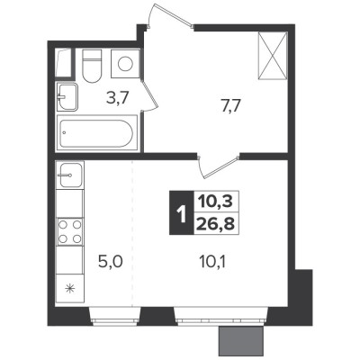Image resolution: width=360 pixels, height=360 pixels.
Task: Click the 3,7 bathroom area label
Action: [118, 98]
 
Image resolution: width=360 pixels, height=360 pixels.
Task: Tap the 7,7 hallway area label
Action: [230, 106]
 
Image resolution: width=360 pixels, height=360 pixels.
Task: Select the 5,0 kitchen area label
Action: [111, 262]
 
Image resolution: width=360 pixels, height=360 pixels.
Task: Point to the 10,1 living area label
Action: [212, 262]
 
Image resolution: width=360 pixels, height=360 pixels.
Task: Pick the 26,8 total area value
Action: [216, 223]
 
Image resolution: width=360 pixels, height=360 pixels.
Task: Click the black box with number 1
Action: [182, 212]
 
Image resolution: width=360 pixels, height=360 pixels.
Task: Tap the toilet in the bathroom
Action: [92, 66]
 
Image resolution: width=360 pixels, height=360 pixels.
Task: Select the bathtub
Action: [96, 133]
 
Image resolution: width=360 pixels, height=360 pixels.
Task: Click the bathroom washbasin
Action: [67, 97]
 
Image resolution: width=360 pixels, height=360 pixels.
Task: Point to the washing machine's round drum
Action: [125, 64]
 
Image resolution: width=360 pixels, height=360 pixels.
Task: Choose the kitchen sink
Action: [70, 175]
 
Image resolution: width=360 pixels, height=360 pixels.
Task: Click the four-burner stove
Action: [70, 232]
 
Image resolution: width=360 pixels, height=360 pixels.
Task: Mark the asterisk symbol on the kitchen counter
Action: [70, 289]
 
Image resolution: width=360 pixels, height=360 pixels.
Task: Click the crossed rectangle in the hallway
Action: [273, 56]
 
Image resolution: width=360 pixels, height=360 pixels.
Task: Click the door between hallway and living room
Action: [219, 166]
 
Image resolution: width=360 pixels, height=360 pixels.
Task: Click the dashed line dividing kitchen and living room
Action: [132, 234]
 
